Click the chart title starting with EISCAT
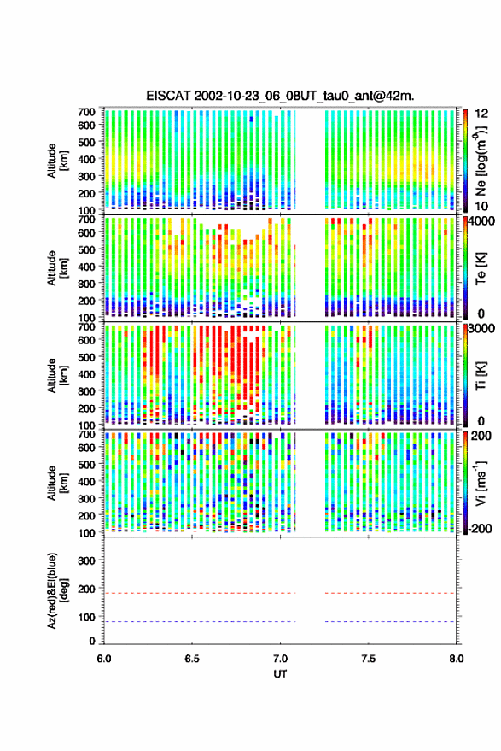pyautogui.click(x=280, y=96)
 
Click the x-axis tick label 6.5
pyautogui.click(x=192, y=659)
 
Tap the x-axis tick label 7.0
pyautogui.click(x=280, y=659)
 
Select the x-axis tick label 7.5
pyautogui.click(x=368, y=659)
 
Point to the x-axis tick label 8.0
pyautogui.click(x=456, y=659)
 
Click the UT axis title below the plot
pyautogui.click(x=280, y=674)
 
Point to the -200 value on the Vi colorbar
pyautogui.click(x=480, y=529)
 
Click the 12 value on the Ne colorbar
pyautogui.click(x=481, y=114)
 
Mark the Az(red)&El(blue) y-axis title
pyautogui.click(x=57, y=590)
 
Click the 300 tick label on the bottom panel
pyautogui.click(x=86, y=560)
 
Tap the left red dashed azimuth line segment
pyautogui.click(x=200, y=594)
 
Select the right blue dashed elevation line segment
pyautogui.click(x=390, y=622)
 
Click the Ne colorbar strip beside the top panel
pyautogui.click(x=465, y=161)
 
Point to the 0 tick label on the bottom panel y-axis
pyautogui.click(x=92, y=641)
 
